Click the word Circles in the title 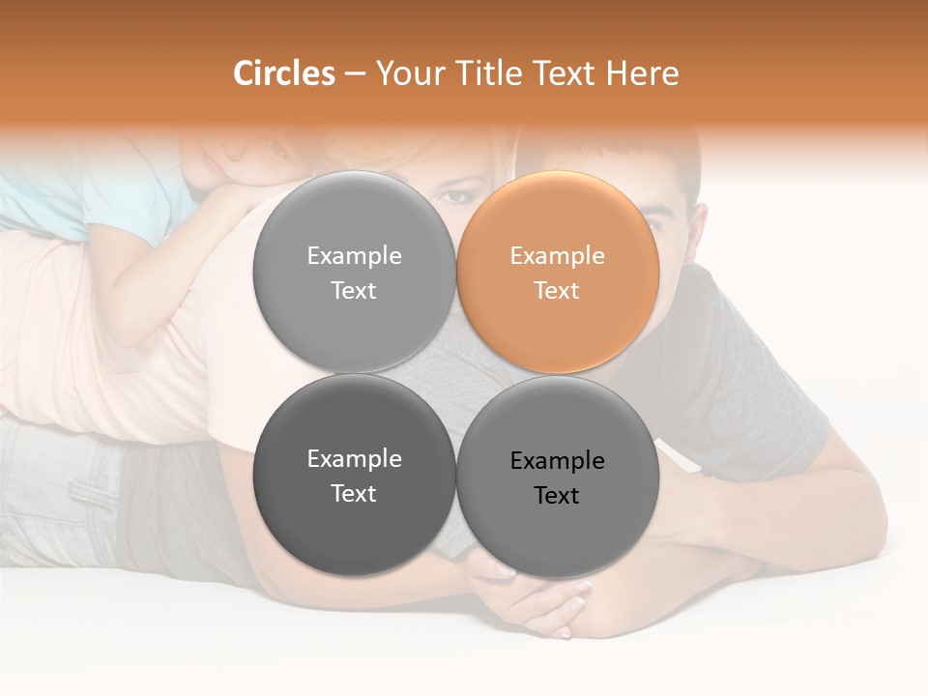284,73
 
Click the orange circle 558,272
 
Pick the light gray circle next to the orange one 354,272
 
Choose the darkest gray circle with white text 354,476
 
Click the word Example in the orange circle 557,255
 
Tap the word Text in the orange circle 557,290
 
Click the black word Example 557,460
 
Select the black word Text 557,495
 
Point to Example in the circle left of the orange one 354,255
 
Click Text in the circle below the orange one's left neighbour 354,493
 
